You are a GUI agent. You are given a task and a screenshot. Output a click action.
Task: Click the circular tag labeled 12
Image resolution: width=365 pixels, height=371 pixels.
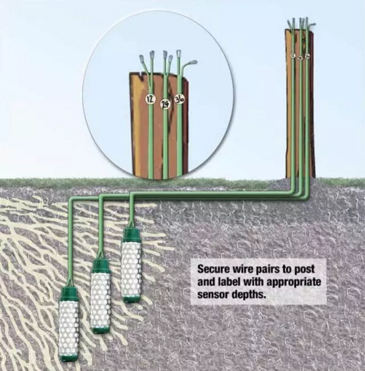(x=150, y=100)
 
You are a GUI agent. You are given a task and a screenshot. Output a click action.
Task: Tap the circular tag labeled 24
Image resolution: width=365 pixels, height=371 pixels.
(x=165, y=104)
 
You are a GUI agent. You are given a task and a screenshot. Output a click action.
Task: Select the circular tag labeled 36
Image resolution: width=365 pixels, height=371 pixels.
(x=179, y=100)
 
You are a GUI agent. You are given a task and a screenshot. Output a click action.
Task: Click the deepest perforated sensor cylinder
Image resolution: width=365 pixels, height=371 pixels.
(x=68, y=327)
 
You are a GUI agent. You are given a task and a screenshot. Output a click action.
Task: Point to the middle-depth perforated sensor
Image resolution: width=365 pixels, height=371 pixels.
(x=101, y=296)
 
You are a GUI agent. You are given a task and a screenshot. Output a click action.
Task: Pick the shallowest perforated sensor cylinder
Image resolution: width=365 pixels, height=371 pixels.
(x=131, y=265)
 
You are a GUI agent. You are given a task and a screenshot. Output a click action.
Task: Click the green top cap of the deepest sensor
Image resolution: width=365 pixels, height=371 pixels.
(x=68, y=293)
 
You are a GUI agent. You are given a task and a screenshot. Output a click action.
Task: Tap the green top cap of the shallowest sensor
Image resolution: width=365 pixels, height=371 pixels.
(x=131, y=235)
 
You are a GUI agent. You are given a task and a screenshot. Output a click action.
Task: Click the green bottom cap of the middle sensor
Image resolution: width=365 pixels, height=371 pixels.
(x=101, y=330)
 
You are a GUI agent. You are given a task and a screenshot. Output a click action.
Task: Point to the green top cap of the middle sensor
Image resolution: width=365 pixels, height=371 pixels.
(x=101, y=266)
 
